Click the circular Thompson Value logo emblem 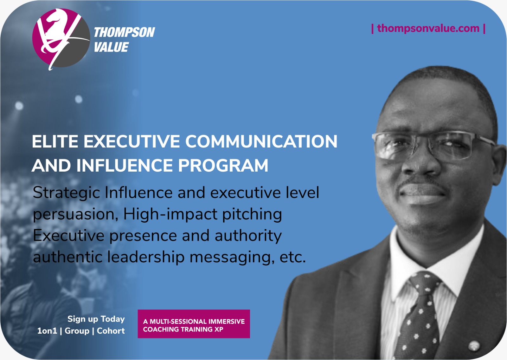(61, 38)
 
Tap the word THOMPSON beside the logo (124, 32)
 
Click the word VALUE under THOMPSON (111, 47)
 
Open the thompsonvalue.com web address (428, 29)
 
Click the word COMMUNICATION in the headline (261, 141)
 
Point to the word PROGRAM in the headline (223, 166)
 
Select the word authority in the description (248, 236)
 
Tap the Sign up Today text (96, 319)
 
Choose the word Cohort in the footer (111, 331)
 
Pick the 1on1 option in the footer (47, 331)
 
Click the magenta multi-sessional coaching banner (194, 324)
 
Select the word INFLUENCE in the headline (125, 166)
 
